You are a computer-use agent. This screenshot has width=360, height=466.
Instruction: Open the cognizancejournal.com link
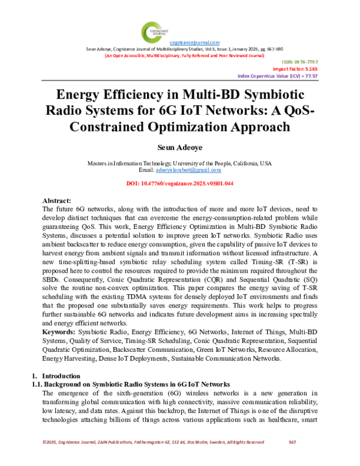coord(194,43)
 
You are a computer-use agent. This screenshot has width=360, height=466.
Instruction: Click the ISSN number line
coord(304,62)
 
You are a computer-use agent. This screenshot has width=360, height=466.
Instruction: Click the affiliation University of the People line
coord(179,163)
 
